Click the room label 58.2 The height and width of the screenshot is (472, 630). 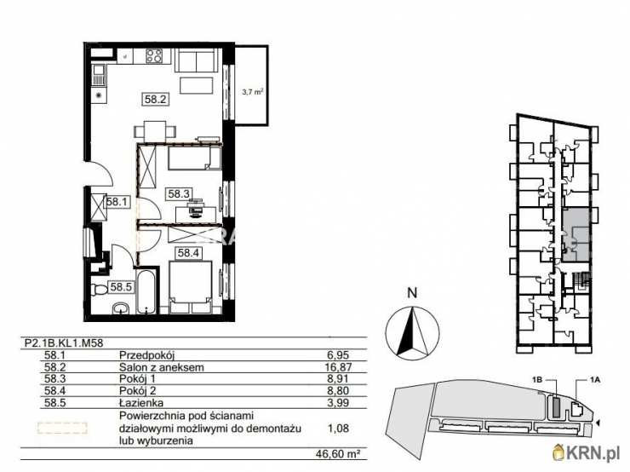point(155,100)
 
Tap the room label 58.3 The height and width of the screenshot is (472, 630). point(178,193)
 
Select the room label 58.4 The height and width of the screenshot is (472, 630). point(188,252)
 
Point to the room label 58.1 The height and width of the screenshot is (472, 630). point(116,203)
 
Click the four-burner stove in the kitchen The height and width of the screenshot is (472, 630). point(155,57)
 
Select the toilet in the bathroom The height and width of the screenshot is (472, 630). point(99,290)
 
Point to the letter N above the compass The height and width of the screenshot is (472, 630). point(412,292)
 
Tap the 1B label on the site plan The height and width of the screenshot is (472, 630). point(537,383)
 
